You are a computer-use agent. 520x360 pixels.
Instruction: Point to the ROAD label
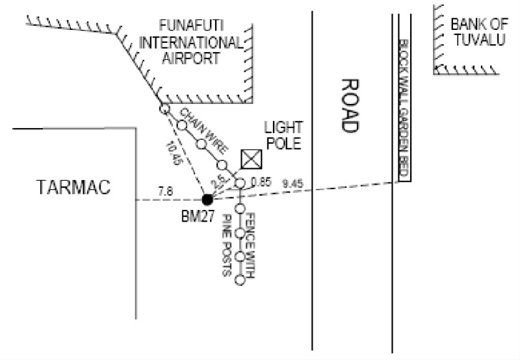coord(350,107)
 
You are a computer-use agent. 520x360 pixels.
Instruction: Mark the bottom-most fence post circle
coord(240,281)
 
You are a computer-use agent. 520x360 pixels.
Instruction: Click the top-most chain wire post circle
coord(164,109)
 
